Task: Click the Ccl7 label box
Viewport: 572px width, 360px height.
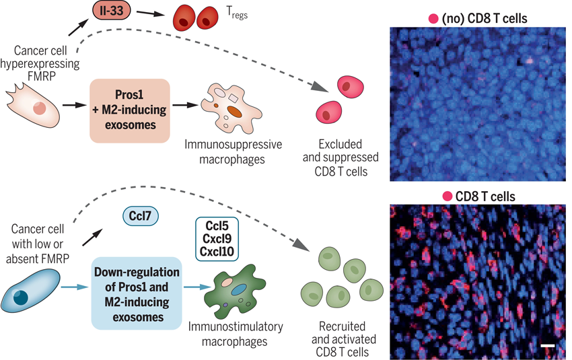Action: [139, 217]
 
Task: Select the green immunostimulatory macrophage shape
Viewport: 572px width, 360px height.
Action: [240, 291]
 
